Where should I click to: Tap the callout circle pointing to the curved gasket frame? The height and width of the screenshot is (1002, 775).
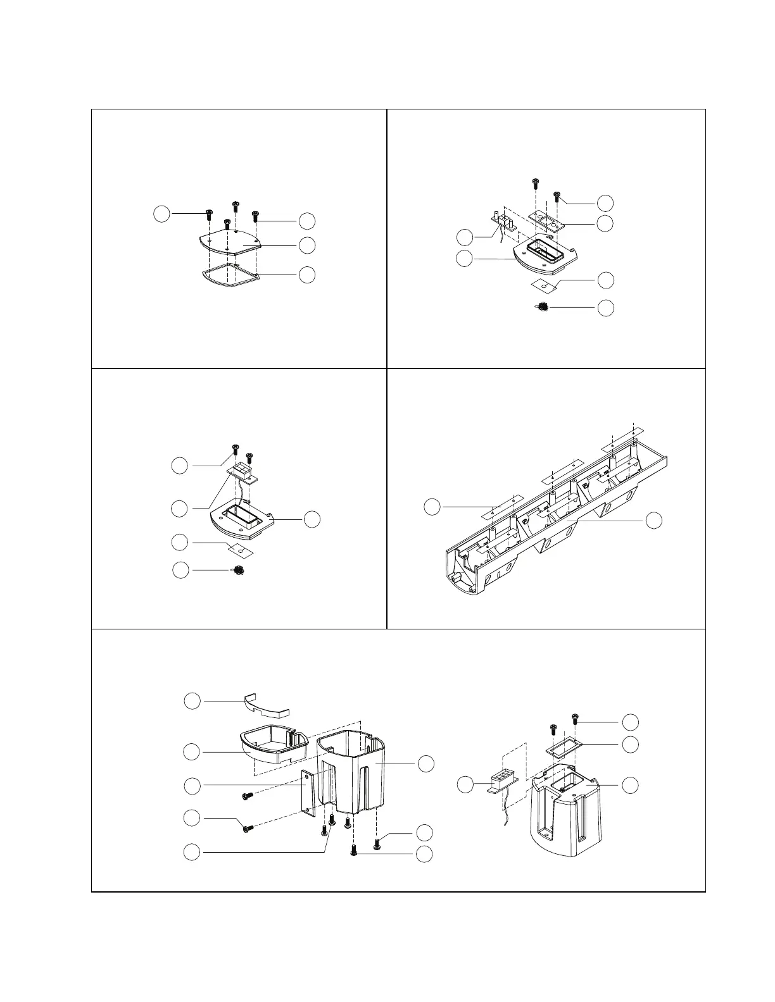[307, 275]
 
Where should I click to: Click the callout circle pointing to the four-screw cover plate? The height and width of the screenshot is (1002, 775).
[307, 244]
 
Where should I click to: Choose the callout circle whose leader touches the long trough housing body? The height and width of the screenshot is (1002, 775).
[653, 520]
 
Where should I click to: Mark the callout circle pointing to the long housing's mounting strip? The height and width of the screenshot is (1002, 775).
[432, 507]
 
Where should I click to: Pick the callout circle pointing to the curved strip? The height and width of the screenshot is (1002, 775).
[192, 700]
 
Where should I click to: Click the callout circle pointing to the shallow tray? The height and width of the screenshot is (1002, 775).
[192, 751]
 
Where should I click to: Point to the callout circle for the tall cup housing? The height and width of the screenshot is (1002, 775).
[425, 764]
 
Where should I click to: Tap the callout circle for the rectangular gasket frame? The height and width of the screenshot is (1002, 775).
[630, 745]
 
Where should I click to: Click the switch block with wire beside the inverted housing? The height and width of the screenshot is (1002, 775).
[504, 779]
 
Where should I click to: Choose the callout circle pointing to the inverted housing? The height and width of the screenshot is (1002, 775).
[630, 785]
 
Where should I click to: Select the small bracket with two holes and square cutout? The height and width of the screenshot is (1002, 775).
[546, 221]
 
